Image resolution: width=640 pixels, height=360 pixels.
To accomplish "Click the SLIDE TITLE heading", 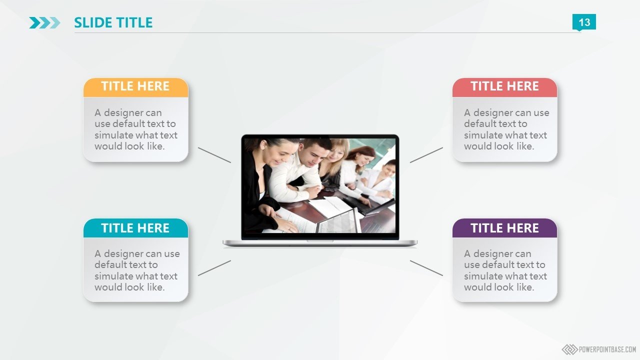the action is pos(113,22).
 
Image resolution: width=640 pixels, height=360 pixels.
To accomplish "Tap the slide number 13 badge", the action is pos(584,22).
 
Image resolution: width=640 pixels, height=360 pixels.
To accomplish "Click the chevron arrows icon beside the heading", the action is pos(45,23).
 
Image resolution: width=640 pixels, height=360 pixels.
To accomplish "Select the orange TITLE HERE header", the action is pos(135,87).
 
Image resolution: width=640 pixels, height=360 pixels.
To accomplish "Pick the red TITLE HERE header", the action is pos(505,87).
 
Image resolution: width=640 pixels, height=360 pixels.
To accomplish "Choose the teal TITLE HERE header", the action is pos(135,228).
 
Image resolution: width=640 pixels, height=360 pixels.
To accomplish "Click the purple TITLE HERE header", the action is pos(505,228).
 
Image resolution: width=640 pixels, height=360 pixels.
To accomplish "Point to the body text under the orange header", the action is pos(136,129).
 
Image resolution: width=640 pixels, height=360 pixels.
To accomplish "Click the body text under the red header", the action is pos(506,129).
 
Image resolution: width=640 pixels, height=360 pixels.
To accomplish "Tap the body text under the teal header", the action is pos(137,270).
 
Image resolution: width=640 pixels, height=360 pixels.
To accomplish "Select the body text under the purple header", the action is pos(505,270).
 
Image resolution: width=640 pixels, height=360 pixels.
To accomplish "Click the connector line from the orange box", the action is pos(214,155).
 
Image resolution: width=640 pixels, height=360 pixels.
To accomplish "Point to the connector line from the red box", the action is pos(426,155).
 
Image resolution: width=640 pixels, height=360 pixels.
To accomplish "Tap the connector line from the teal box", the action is pos(214,268).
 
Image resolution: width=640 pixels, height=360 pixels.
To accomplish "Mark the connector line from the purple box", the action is pos(426,268).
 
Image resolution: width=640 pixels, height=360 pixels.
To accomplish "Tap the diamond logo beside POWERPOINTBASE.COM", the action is pos(569,349).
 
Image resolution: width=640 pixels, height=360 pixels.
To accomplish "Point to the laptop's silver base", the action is pos(320,243).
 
